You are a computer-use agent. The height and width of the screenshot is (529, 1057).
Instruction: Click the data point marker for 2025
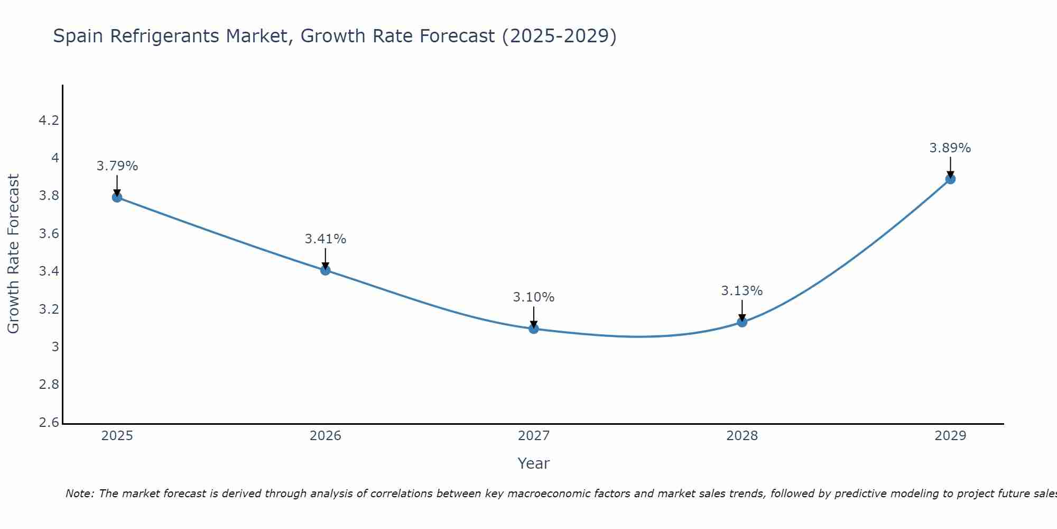tap(117, 197)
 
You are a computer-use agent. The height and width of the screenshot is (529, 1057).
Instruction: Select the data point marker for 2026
tap(325, 270)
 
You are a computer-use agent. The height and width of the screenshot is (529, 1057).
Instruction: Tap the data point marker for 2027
tap(533, 329)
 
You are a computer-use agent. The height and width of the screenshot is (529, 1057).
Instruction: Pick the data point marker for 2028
tap(742, 322)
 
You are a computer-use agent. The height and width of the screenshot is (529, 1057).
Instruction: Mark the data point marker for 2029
tap(950, 179)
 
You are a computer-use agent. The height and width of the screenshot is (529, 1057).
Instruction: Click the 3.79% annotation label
tap(117, 166)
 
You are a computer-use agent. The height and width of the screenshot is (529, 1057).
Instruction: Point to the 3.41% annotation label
tap(325, 239)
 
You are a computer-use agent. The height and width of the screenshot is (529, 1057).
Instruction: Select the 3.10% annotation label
tap(533, 297)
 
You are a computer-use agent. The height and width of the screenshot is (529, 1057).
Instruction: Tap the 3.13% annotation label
tap(742, 291)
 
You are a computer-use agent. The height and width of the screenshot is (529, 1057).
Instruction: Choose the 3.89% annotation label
tap(950, 148)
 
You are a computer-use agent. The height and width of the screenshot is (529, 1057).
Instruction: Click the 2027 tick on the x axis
tap(533, 436)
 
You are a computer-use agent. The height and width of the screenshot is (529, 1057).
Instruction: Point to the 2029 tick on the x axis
tap(950, 436)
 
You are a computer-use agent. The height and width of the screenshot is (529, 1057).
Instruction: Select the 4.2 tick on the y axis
tap(49, 121)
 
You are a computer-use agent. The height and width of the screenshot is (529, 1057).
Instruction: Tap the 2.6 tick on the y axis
tap(49, 422)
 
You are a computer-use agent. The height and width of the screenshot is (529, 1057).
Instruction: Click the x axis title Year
tap(533, 463)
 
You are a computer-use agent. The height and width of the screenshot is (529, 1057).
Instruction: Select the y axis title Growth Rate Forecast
tap(14, 254)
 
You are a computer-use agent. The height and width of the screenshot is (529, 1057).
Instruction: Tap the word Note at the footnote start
tap(79, 494)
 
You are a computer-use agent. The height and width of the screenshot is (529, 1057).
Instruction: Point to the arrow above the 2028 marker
tap(742, 311)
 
